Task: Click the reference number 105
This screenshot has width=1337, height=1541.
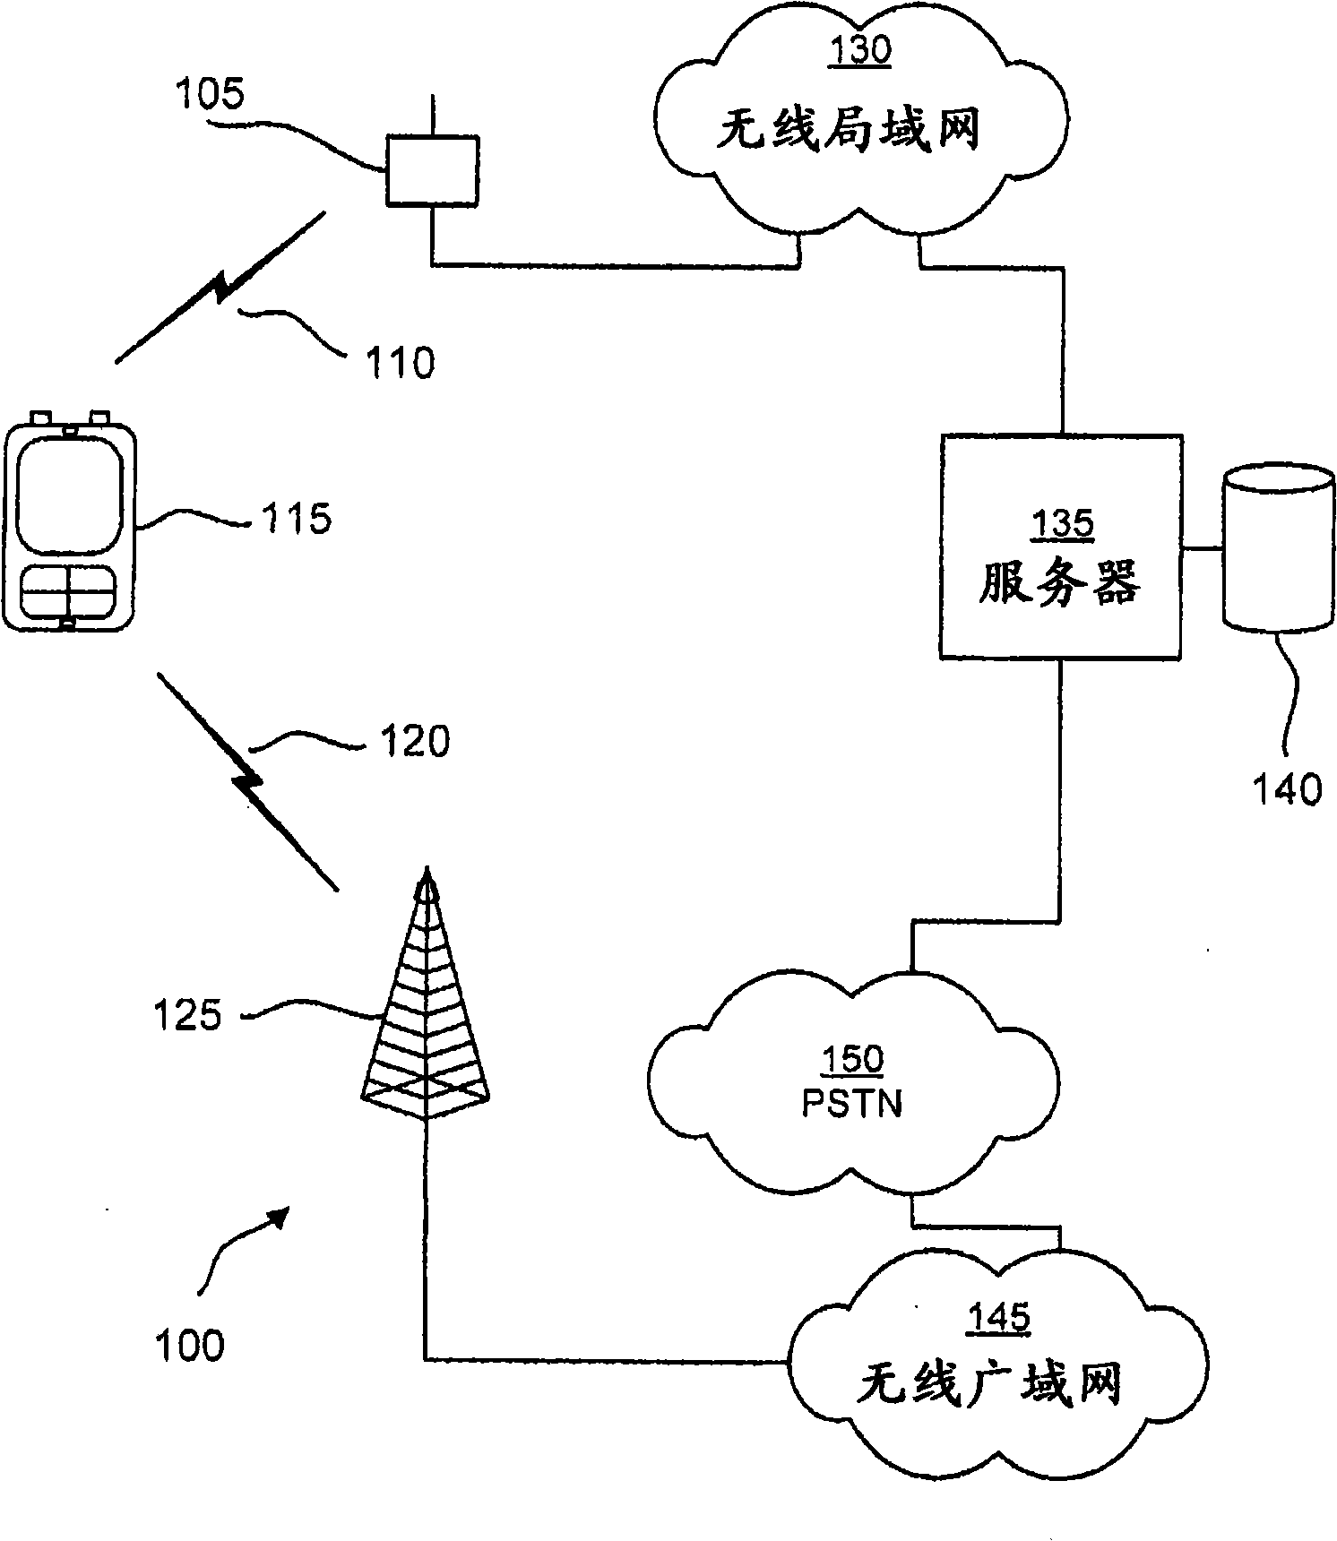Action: tap(210, 93)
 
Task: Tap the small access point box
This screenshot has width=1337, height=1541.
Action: tap(432, 170)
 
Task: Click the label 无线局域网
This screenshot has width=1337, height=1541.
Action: tap(849, 131)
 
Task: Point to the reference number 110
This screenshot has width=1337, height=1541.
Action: tap(401, 362)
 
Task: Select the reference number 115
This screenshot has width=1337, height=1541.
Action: tap(296, 517)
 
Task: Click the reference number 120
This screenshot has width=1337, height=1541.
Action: tap(414, 741)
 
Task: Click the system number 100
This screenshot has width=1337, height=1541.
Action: tap(189, 1345)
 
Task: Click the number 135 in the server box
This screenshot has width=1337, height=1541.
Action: tap(1063, 524)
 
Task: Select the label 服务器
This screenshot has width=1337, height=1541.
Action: tap(1059, 584)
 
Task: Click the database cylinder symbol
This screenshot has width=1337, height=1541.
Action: tap(1279, 547)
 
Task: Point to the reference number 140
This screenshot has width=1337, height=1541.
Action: tap(1288, 789)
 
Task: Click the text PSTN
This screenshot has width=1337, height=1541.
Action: tap(852, 1104)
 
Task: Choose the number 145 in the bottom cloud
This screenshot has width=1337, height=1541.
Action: tap(1000, 1318)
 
